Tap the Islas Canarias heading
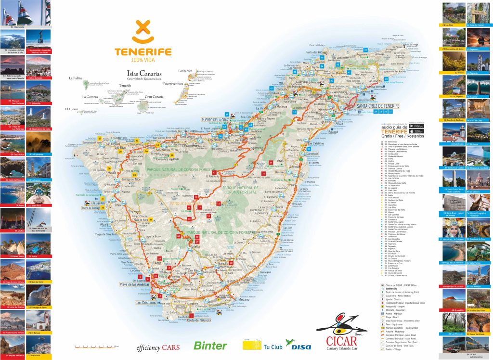(142, 74)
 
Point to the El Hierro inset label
(72, 109)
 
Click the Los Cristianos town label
(146, 303)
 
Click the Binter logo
(210, 346)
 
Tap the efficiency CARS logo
(158, 347)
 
